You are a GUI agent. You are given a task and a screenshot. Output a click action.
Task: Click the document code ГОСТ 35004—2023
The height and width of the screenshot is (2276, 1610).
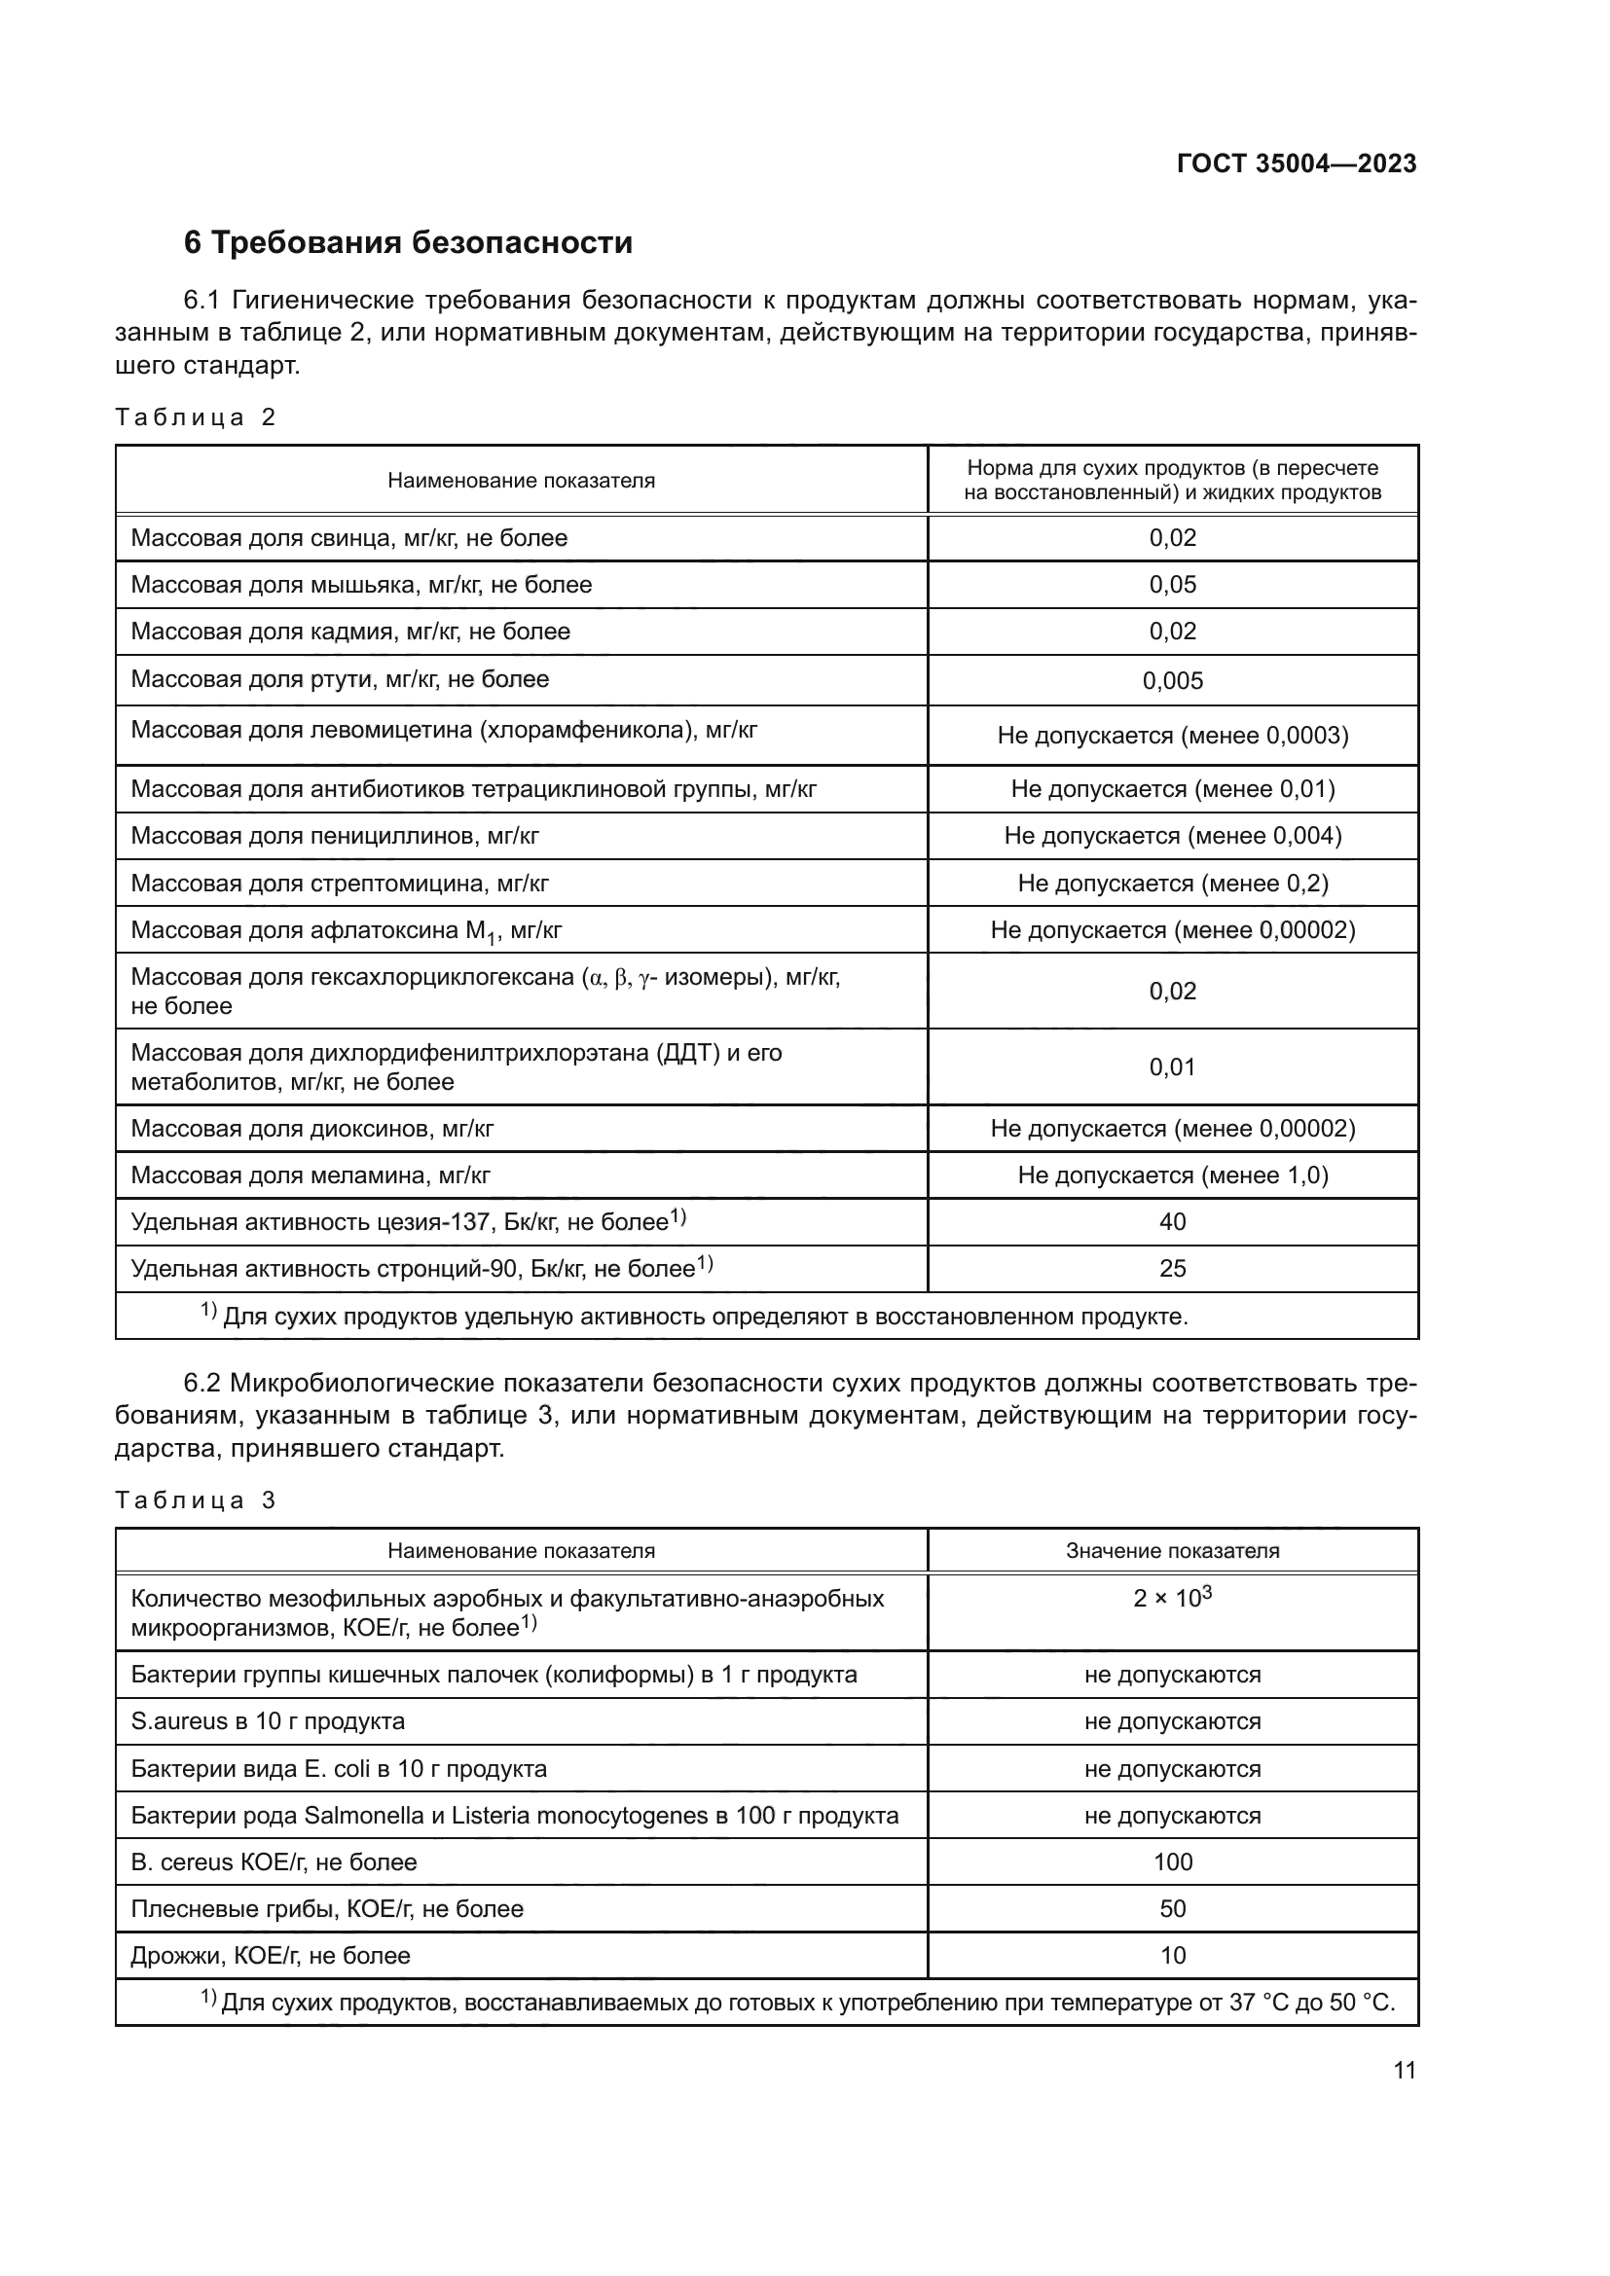(x=1296, y=163)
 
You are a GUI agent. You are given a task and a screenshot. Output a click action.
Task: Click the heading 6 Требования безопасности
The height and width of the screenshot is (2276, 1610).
(x=408, y=242)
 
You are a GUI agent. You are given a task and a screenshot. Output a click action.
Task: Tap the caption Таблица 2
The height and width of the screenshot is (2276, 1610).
(x=195, y=417)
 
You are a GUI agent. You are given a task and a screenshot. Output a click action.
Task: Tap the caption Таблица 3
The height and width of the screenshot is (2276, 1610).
(x=195, y=1499)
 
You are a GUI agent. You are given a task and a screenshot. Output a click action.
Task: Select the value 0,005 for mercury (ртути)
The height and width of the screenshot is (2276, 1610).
(x=1172, y=680)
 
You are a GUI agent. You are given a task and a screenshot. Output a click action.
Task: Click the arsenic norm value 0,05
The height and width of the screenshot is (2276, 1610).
(x=1172, y=585)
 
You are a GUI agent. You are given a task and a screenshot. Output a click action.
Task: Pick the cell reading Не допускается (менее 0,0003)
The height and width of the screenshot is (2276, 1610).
(x=1172, y=736)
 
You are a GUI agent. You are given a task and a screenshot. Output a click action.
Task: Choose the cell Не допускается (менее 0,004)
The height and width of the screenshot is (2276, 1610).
(x=1172, y=836)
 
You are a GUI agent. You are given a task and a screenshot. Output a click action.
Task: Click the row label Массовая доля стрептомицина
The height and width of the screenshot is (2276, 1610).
(x=339, y=884)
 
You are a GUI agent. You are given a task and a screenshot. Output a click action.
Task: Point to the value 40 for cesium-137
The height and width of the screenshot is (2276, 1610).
(x=1172, y=1221)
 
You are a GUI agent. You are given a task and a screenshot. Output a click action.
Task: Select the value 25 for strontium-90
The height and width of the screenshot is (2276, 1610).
(x=1172, y=1269)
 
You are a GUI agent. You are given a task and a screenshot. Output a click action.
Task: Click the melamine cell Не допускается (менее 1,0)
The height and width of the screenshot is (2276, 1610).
(x=1172, y=1174)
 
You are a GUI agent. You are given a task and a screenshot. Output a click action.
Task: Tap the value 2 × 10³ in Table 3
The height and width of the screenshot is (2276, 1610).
(x=1172, y=1598)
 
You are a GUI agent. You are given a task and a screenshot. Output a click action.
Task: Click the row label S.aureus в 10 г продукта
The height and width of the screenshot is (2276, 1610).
(x=268, y=1721)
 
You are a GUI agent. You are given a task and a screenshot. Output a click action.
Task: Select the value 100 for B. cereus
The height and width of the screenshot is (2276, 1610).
(x=1172, y=1861)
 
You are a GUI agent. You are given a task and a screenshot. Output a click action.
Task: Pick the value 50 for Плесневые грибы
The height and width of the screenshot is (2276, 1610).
(x=1172, y=1908)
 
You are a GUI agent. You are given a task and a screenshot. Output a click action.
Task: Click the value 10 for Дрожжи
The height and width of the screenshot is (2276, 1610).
(x=1172, y=1955)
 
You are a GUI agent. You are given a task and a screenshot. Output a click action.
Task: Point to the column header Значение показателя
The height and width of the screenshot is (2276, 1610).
(x=1172, y=1550)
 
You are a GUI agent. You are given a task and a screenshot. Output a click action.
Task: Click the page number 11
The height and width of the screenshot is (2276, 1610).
(x=1404, y=2070)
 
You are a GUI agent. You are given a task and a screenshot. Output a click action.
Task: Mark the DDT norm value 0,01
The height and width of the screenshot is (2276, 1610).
(x=1172, y=1067)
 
